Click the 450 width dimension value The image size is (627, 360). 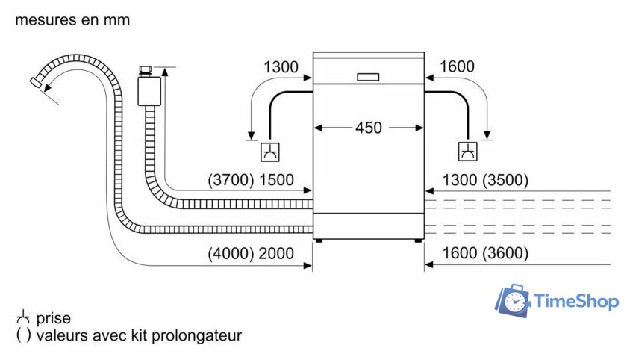(x=368, y=128)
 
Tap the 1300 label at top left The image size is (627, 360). (x=281, y=67)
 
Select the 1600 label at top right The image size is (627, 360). (x=457, y=67)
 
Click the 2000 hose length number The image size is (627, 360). (x=276, y=253)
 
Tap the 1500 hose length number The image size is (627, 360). (x=276, y=180)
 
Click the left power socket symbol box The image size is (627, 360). (x=269, y=152)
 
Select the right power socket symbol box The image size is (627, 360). (x=468, y=152)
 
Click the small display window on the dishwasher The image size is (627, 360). (x=368, y=76)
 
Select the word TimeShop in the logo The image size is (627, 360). (x=576, y=302)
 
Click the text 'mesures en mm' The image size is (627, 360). (x=72, y=20)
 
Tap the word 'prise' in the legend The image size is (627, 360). (x=53, y=319)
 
